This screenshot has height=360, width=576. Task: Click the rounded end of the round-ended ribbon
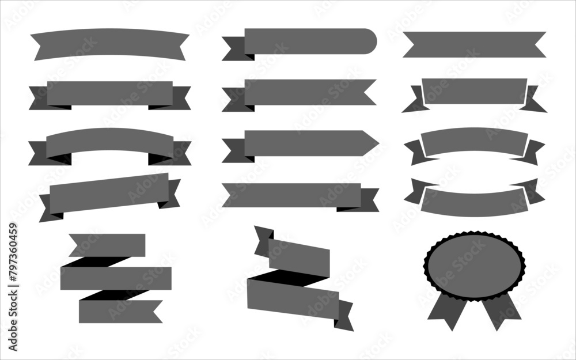tap(369, 41)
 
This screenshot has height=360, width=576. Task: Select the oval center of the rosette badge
tap(475, 265)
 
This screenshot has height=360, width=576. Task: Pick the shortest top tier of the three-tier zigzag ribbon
tap(109, 245)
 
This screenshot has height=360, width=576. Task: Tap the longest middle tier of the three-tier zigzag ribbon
tap(115, 278)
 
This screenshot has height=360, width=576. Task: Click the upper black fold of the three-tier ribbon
tap(95, 262)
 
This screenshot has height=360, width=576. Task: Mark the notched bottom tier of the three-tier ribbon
tap(118, 311)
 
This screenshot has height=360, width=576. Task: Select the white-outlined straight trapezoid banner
tap(474, 91)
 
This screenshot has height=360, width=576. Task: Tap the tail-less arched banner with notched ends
tap(109, 43)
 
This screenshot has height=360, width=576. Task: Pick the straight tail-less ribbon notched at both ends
tap(473, 44)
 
